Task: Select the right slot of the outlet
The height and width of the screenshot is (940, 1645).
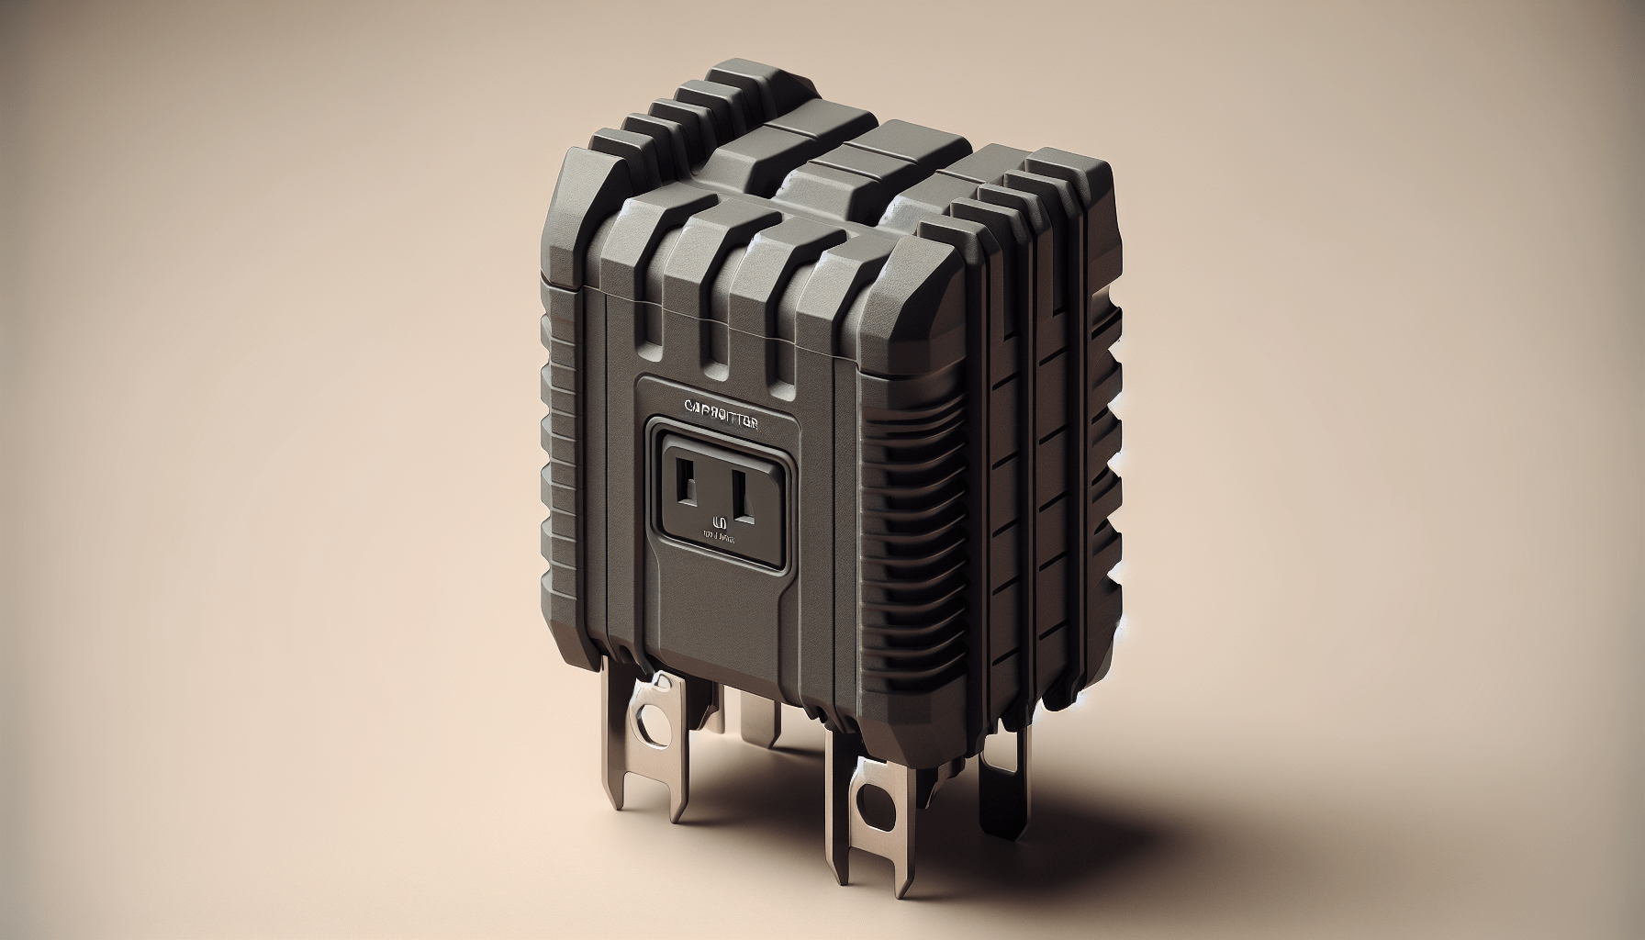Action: point(746,497)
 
